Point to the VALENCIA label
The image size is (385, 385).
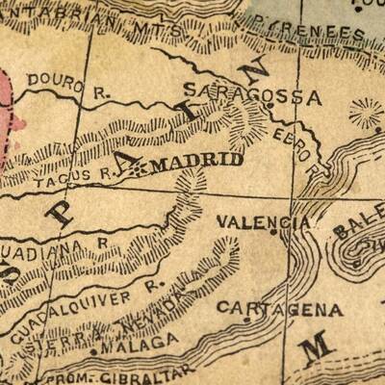click(263, 221)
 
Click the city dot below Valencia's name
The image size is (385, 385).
click(278, 233)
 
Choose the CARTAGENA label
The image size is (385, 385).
click(279, 309)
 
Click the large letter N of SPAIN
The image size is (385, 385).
click(257, 74)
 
